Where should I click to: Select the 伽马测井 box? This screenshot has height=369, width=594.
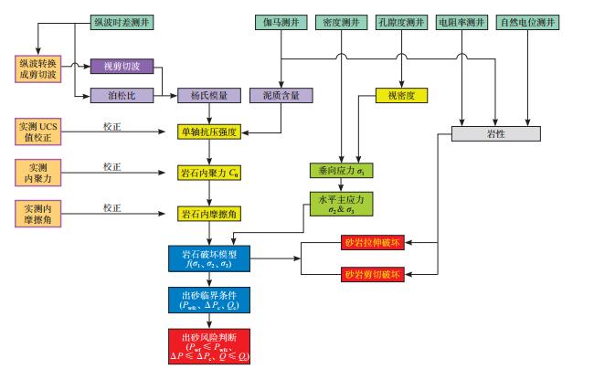[281, 19]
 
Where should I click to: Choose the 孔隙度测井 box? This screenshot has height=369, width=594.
[402, 19]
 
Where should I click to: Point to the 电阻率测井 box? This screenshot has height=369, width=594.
[461, 19]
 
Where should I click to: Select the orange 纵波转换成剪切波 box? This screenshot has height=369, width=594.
[37, 69]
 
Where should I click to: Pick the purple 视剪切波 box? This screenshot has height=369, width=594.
[122, 66]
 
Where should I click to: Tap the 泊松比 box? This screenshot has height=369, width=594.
[122, 94]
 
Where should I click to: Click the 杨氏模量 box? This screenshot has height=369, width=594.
[209, 94]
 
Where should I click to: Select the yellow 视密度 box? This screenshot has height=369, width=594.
[402, 94]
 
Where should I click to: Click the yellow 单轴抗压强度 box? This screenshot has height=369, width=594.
[208, 132]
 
